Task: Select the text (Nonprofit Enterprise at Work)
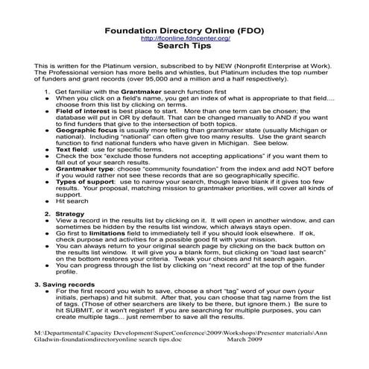coord(273,66)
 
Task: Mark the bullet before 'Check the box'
coord(49,177)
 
